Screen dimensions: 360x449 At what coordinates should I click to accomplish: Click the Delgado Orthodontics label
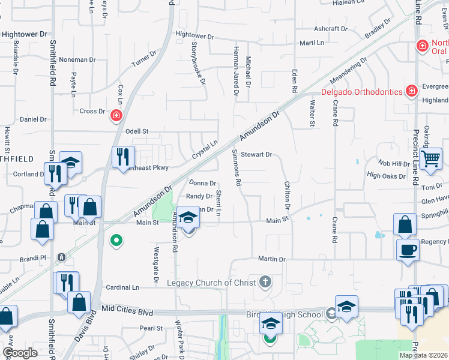point(362,92)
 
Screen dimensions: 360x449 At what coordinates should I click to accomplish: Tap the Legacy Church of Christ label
point(207,283)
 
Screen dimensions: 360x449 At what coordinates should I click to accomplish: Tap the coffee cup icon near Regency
point(408,249)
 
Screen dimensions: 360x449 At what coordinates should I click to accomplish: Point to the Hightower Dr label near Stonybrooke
point(194,36)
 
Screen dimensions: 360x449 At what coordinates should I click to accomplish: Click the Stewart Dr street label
point(256,154)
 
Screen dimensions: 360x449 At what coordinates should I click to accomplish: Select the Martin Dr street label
point(271,259)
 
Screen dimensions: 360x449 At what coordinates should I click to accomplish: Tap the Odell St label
point(136,131)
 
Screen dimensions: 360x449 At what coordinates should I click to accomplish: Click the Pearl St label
point(151,328)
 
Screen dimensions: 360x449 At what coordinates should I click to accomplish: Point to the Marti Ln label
point(312,43)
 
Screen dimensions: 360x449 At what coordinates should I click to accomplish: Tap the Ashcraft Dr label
point(331,29)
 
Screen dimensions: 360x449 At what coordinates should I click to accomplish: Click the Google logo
point(20,353)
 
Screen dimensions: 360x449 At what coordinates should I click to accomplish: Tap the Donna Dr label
point(202,183)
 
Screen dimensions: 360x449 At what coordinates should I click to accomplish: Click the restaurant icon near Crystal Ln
point(122,157)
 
